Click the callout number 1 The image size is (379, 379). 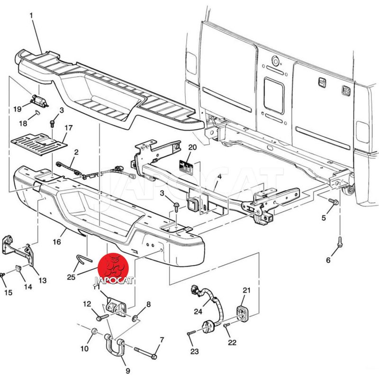pyautogui.click(x=32, y=16)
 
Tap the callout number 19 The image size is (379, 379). pyautogui.click(x=18, y=109)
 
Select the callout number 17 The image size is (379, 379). pyautogui.click(x=69, y=127)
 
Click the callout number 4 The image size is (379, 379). pyautogui.click(x=219, y=178)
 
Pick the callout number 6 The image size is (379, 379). pyautogui.click(x=328, y=260)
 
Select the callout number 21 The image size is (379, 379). pyautogui.click(x=246, y=290)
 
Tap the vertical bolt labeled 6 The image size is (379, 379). pyautogui.click(x=340, y=242)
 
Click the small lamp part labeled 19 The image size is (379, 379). pyautogui.click(x=38, y=99)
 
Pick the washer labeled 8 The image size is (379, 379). pyautogui.click(x=135, y=317)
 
